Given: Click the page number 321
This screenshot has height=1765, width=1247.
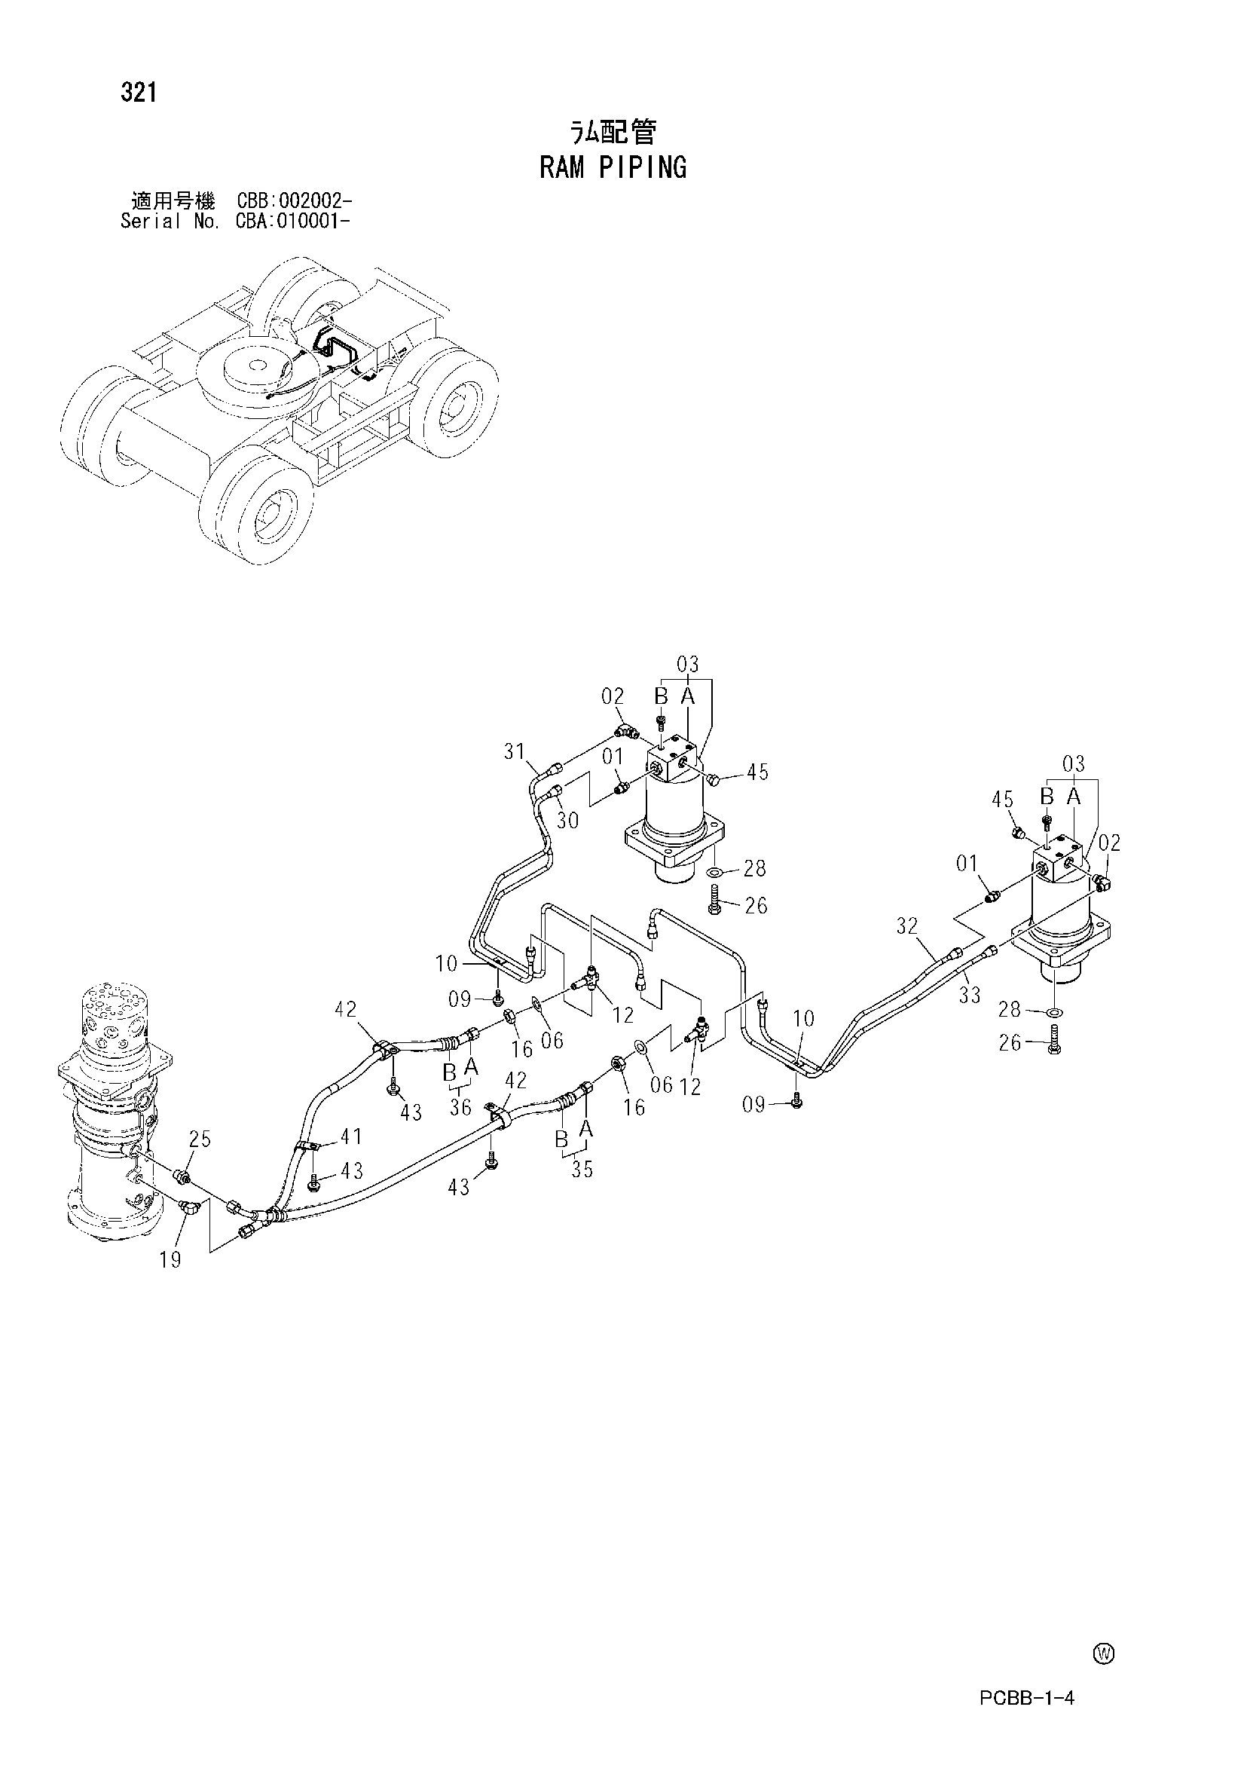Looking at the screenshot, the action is click(139, 93).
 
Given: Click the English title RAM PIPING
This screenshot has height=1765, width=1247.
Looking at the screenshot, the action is click(613, 167).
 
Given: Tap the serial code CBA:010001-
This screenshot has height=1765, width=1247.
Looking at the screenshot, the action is click(295, 222).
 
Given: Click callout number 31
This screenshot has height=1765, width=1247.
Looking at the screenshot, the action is click(515, 751).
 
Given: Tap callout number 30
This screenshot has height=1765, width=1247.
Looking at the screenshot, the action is click(567, 820).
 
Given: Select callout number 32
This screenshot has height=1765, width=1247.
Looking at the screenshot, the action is click(907, 926).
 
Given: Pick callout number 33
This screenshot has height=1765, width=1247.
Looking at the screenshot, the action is click(970, 996).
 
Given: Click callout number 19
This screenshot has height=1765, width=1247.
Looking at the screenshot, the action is click(171, 1260).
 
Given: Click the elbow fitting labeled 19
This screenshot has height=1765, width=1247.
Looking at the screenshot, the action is click(188, 1207).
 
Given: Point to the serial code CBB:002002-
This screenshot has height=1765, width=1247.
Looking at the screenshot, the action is click(295, 201).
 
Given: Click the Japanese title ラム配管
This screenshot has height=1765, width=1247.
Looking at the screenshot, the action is click(613, 133).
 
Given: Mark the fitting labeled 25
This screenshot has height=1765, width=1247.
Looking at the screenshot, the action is click(183, 1176).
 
